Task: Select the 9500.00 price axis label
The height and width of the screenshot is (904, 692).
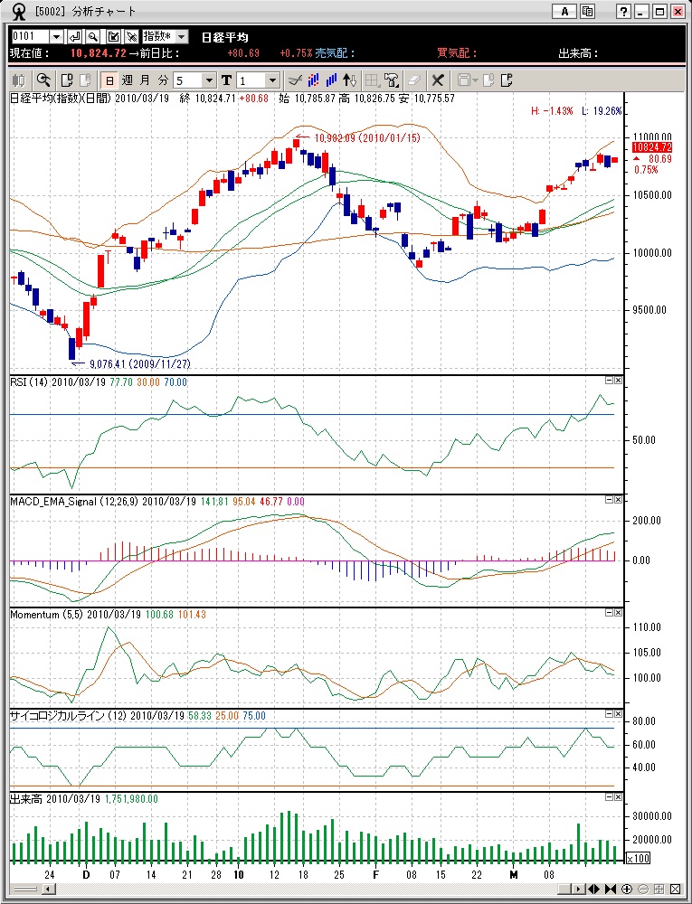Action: [x=649, y=310]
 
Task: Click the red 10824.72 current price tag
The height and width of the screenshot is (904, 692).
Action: [x=651, y=146]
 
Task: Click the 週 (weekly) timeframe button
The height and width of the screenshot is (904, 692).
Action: [x=127, y=80]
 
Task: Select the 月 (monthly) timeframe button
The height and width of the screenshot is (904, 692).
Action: [x=145, y=80]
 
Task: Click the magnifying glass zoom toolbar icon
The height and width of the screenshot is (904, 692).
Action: [x=43, y=80]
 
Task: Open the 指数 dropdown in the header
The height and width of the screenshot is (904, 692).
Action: [x=166, y=36]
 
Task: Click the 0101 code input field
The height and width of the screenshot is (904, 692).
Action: [x=29, y=36]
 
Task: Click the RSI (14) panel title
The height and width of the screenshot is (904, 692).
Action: [x=29, y=382]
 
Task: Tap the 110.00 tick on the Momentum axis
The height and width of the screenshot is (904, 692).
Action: [x=648, y=626]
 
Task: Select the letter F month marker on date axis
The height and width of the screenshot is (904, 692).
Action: [x=374, y=875]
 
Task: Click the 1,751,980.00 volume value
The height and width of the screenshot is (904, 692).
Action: [x=131, y=799]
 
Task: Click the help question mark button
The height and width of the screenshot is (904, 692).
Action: [x=623, y=12]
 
